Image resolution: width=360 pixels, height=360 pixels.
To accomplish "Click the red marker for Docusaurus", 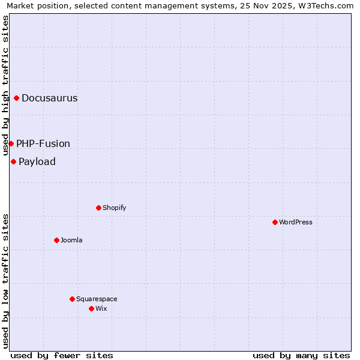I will point(17,98).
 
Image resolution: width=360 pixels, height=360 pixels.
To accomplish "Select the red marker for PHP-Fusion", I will point(11,143).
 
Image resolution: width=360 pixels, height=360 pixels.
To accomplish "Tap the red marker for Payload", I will point(13,161).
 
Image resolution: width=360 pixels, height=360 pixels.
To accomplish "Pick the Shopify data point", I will point(98,208).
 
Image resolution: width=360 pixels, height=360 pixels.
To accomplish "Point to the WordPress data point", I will point(275,222).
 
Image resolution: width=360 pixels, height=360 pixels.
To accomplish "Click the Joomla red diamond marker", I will point(56,240).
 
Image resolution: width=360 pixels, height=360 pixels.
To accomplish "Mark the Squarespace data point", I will point(72,299).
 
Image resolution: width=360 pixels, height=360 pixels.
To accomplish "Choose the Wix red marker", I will point(91,308).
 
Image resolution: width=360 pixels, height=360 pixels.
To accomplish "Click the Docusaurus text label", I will point(50,98).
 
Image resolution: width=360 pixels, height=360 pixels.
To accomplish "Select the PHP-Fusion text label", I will point(43,144).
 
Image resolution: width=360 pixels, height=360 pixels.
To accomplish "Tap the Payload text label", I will point(37,162).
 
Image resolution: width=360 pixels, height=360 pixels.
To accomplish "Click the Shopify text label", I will point(114,208).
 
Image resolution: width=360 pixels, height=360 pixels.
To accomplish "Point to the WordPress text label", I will point(296,223).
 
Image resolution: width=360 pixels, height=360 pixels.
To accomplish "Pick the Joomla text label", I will point(71,241).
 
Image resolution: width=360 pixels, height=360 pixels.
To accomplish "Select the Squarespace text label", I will point(97,299).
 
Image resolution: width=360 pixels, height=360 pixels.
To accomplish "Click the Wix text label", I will point(101,309).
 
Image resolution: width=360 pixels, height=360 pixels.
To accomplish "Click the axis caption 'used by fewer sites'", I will point(62,355).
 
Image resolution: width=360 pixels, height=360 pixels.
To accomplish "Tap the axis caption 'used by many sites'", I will point(301,355).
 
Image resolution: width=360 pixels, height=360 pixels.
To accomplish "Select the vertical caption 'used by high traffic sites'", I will point(6,85).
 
